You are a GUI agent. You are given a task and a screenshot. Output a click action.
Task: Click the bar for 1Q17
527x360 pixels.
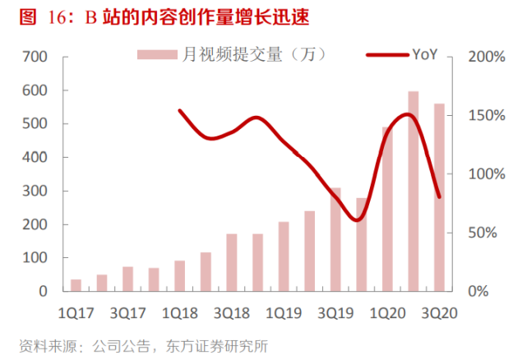(x=76, y=285)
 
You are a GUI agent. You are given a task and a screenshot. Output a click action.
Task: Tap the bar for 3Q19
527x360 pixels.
(x=335, y=239)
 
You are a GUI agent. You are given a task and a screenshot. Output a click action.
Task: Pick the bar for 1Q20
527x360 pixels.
(x=387, y=209)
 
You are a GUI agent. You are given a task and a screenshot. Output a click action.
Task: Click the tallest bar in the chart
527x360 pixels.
(x=414, y=191)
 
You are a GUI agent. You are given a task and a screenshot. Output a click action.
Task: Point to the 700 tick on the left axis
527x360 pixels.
(x=35, y=57)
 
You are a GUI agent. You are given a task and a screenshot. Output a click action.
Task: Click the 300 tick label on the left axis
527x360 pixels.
(x=35, y=191)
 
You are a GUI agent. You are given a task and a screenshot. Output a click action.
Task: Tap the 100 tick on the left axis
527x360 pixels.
(x=35, y=258)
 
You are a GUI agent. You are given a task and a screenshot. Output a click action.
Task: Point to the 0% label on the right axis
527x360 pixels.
(x=485, y=292)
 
